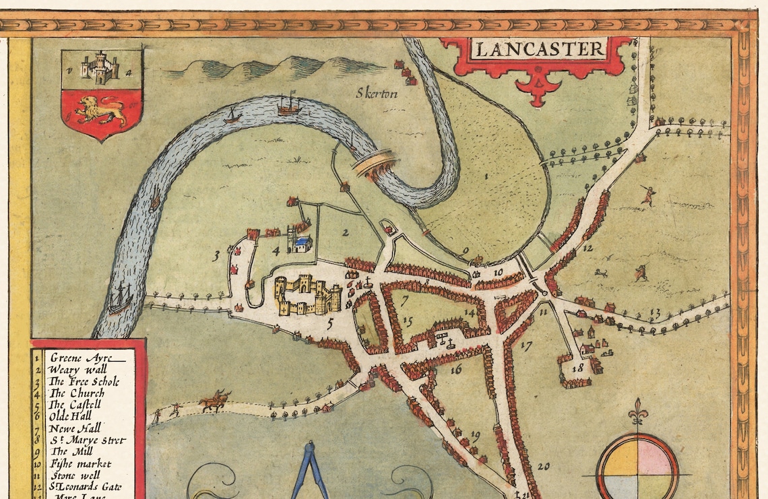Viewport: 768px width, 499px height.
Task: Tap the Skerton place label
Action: pyautogui.click(x=377, y=94)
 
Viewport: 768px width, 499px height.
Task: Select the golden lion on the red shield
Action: pyautogui.click(x=101, y=110)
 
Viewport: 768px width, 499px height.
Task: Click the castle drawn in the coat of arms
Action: pyautogui.click(x=101, y=68)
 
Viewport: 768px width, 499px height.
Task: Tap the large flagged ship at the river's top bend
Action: pyautogui.click(x=288, y=104)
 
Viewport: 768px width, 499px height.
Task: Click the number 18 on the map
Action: pyautogui.click(x=577, y=368)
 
